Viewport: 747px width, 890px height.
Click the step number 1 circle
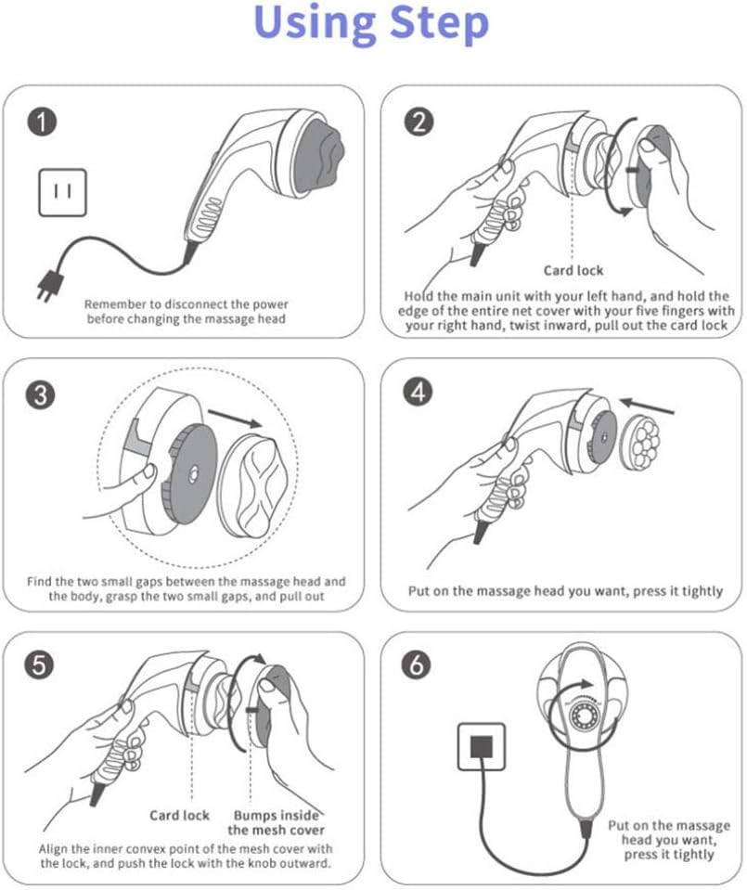[42, 121]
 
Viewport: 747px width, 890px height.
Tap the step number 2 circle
[419, 122]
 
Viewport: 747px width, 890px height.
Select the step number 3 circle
[41, 393]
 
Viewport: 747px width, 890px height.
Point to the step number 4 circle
[419, 393]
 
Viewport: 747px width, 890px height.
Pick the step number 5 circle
[39, 664]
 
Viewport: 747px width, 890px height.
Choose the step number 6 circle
[416, 664]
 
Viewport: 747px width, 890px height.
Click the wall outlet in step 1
[62, 192]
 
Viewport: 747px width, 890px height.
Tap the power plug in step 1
[49, 285]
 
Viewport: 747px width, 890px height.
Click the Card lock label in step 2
[573, 270]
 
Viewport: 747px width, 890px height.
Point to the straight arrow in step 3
[236, 419]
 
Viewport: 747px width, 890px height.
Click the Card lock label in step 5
[179, 815]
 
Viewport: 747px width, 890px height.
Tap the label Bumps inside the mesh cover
[276, 822]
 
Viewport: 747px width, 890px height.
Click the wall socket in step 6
[482, 746]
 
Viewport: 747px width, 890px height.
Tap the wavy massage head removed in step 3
[256, 485]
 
